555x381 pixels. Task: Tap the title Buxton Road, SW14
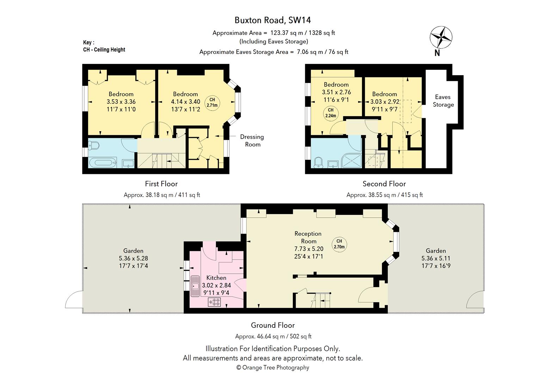pos(272,20)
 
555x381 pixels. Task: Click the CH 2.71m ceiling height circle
pos(212,103)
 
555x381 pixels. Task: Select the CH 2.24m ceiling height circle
pos(331,113)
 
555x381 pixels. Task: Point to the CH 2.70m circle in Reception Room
pos(339,244)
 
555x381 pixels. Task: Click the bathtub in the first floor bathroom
pos(103,163)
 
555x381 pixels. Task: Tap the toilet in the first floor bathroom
pos(93,145)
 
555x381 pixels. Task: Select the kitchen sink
pos(195,286)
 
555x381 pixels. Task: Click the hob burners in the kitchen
pos(214,302)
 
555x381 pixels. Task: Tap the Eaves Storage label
pos(443,101)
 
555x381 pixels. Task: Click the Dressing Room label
pos(252,141)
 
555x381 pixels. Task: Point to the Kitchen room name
pos(216,278)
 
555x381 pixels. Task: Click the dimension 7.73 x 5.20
pos(309,249)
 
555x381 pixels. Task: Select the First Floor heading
pos(161,184)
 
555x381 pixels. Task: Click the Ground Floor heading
pos(273,325)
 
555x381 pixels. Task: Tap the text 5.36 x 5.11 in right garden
pos(436,258)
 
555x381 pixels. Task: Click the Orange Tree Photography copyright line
pos(273,367)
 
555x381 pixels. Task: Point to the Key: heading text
pos(89,42)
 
